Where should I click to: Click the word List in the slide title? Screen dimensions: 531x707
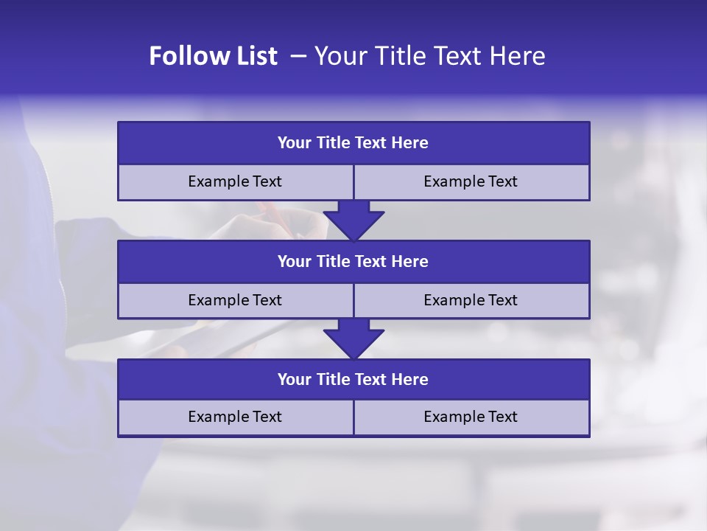[x=254, y=56]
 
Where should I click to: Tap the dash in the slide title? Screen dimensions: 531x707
[x=298, y=56]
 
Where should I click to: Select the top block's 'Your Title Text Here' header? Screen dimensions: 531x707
[x=353, y=143]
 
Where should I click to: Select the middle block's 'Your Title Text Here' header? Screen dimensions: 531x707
[x=353, y=262]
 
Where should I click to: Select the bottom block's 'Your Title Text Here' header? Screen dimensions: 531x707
[x=353, y=380]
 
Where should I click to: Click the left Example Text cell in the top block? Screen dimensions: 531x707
[x=235, y=181]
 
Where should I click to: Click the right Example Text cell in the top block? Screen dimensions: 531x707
[x=471, y=181]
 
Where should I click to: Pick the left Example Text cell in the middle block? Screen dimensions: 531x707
[x=235, y=300]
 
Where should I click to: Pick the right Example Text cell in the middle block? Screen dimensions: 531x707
[x=471, y=300]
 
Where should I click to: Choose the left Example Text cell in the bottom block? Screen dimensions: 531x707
[x=235, y=417]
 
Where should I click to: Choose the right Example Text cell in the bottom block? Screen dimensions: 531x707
[x=471, y=417]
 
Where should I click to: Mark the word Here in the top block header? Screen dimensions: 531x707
[x=410, y=143]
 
